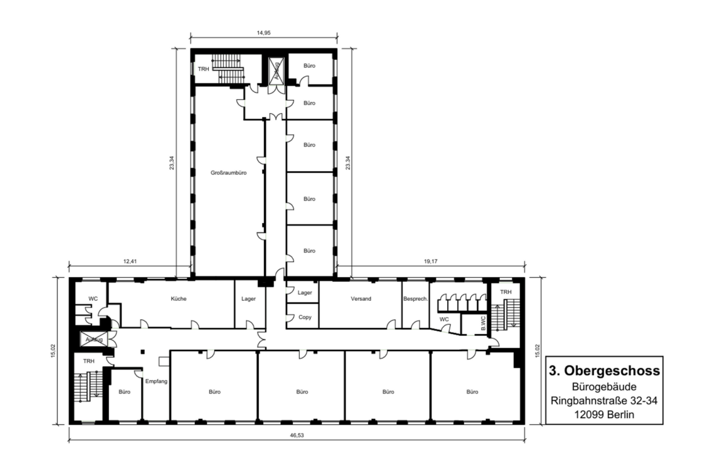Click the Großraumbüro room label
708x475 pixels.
tap(229, 173)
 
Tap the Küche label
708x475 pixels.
tap(179, 298)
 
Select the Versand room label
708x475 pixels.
tap(361, 298)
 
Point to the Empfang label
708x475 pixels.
tap(156, 382)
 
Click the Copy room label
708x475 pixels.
tap(305, 317)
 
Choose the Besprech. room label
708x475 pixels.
tap(415, 298)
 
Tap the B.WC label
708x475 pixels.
tap(483, 324)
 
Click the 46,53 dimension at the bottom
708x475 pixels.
tap(297, 436)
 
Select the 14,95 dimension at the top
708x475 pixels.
tap(263, 33)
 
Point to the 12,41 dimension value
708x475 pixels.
tap(130, 261)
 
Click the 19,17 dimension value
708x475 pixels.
tap(431, 261)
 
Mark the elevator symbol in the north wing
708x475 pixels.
tap(275, 70)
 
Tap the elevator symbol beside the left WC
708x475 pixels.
tap(94, 339)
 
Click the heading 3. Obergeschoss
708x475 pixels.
tap(604, 371)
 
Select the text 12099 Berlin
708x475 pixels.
tap(604, 414)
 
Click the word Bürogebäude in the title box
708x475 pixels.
tap(604, 387)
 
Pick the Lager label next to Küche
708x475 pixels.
tap(248, 298)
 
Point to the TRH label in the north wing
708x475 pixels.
tap(204, 69)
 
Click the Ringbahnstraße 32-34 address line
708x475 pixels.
tap(604, 401)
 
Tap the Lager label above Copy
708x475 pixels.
tap(305, 293)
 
